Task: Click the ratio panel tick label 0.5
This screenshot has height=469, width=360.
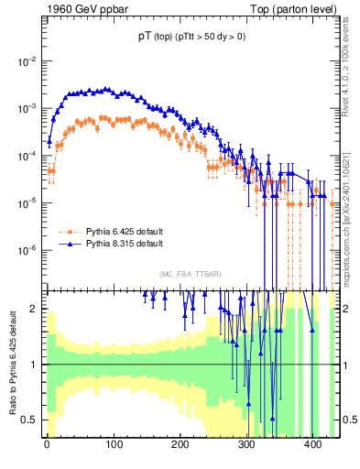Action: coord(32,420)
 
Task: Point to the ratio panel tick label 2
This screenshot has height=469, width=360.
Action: coord(38,309)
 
